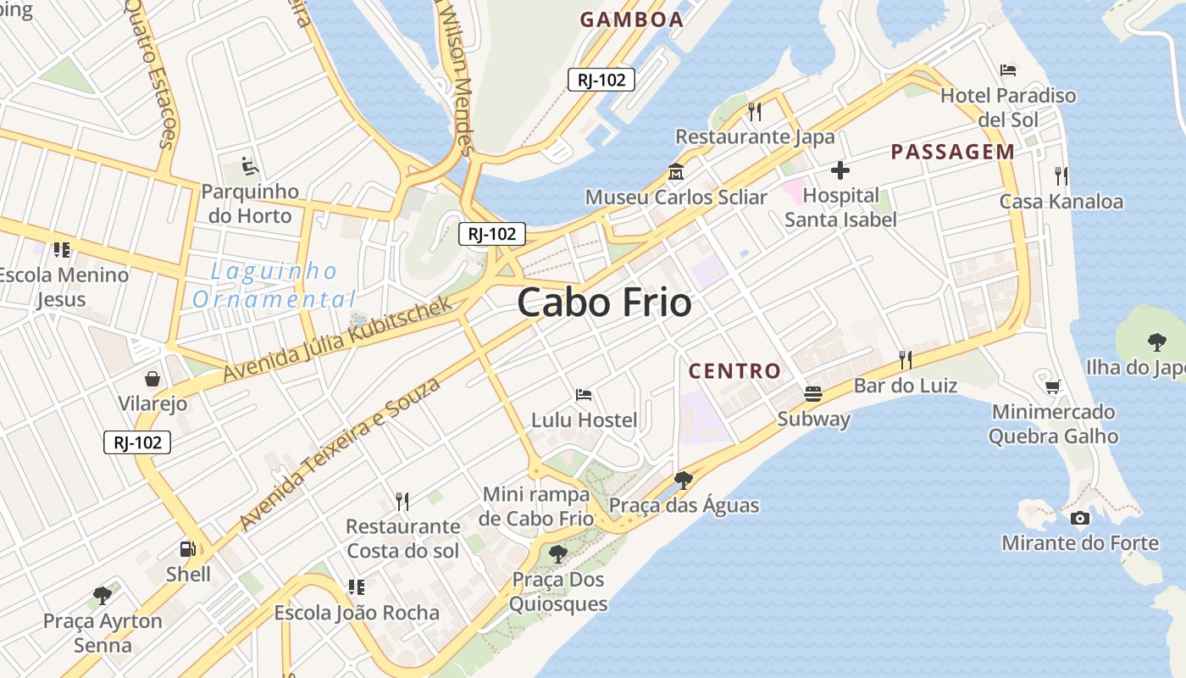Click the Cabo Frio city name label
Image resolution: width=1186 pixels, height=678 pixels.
coord(604,303)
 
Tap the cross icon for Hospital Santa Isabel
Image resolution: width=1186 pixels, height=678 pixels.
coord(840,171)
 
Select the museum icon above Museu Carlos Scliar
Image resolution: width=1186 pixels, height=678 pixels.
coord(676,172)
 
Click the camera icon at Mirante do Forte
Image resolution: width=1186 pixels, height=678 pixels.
coord(1080,518)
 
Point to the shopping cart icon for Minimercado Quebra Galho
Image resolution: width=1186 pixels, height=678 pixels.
coord(1053,386)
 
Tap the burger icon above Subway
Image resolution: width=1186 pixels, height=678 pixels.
coord(813,393)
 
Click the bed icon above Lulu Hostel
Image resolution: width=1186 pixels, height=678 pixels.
coord(584,394)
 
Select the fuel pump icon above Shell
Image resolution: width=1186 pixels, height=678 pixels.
coord(188,549)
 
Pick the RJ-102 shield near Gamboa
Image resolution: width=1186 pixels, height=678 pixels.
coord(601,80)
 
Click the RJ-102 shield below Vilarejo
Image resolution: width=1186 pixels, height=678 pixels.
coord(137,442)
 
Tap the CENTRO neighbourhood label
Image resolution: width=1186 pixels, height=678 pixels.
coord(734,371)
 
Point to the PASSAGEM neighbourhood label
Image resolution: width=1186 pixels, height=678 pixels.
coord(952,153)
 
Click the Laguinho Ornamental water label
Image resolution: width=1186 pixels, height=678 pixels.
coord(274,286)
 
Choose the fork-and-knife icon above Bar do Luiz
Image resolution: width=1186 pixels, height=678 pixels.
coord(906,360)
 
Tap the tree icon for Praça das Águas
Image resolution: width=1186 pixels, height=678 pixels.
coord(684,481)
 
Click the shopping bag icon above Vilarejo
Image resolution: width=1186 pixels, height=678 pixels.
coord(152,378)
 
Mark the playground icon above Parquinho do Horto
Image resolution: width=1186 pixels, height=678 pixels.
coord(249,165)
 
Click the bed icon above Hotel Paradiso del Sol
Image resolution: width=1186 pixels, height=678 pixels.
coord(1008,69)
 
